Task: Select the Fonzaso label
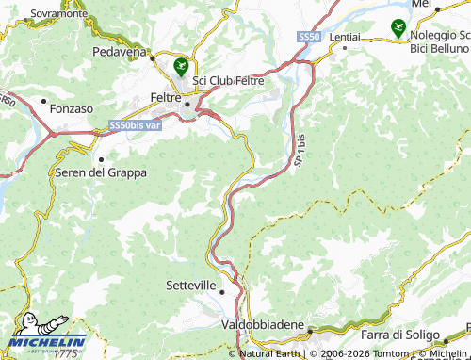(71, 108)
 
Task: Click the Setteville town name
(190, 284)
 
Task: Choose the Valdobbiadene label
(262, 324)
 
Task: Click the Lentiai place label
(345, 35)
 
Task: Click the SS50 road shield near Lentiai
(308, 36)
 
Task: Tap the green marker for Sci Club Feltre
(179, 66)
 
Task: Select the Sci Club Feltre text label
(230, 80)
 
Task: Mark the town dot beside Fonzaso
(43, 100)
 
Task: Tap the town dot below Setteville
(222, 292)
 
